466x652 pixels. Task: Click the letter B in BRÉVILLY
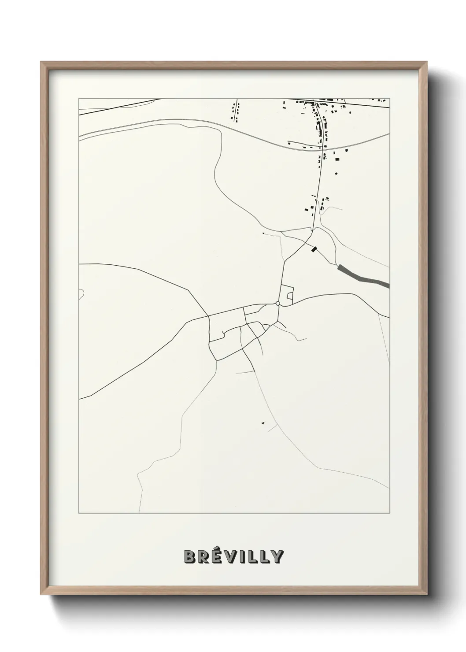click(x=190, y=557)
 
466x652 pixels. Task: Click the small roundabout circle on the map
click(x=277, y=303)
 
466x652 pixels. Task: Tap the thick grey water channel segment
click(x=364, y=276)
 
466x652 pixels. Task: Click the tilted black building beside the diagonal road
click(x=314, y=250)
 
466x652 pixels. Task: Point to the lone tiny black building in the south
click(x=263, y=423)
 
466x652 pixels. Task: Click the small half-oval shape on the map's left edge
click(x=81, y=294)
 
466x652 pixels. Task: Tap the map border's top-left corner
click(x=79, y=99)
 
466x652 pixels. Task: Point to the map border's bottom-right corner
click(x=389, y=513)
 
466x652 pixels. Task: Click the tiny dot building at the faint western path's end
click(x=263, y=233)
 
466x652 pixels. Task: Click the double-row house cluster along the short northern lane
click(x=236, y=112)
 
